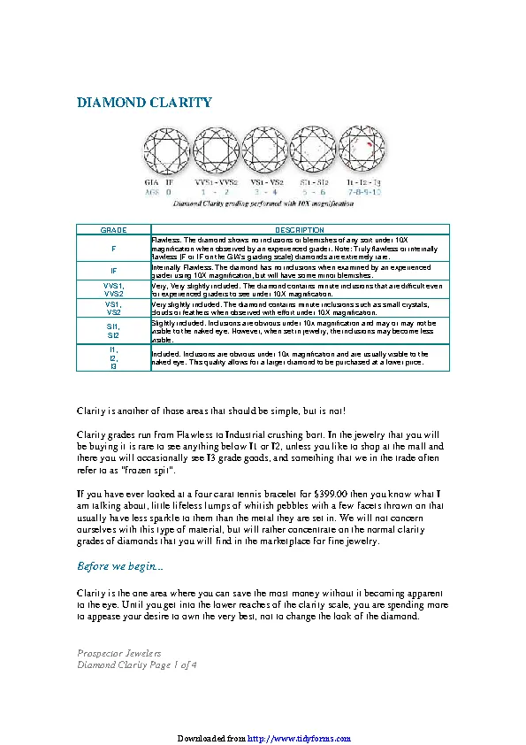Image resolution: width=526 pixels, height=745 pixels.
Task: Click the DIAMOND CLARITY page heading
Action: [x=145, y=103]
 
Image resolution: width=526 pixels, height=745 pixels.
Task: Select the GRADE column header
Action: [x=113, y=230]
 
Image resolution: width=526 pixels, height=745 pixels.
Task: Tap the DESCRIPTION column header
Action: [x=300, y=230]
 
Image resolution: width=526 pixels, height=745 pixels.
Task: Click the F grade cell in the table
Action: [x=113, y=248]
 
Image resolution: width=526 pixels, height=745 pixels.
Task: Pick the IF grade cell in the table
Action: [x=113, y=270]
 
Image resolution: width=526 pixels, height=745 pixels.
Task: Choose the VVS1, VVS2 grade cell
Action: [x=113, y=289]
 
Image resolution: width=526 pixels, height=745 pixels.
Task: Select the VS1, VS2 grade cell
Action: [x=113, y=308]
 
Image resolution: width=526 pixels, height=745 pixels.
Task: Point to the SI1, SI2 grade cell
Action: [x=113, y=331]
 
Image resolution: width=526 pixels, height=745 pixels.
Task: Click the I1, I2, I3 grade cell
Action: [x=113, y=357]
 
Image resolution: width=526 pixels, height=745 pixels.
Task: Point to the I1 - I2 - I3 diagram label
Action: [x=363, y=181]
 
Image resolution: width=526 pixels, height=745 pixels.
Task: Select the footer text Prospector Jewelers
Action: [x=119, y=652]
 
